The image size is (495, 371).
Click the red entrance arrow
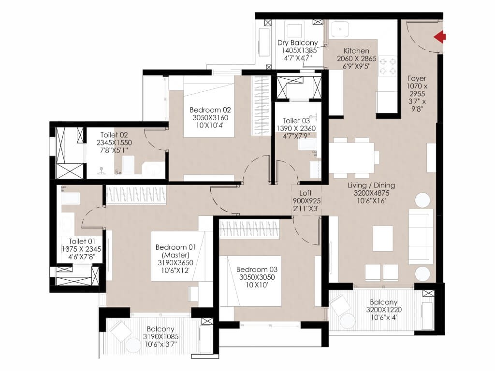(439, 37)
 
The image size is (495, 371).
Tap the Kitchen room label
(356, 51)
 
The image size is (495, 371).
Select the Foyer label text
(417, 78)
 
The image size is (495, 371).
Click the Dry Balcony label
(297, 43)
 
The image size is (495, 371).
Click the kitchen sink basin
(340, 29)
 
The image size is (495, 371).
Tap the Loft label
(306, 193)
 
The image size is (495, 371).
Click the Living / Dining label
(371, 185)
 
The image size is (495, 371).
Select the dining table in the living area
(352, 157)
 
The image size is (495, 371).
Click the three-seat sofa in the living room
(421, 236)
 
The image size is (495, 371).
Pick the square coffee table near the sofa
(383, 239)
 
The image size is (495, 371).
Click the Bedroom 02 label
(210, 110)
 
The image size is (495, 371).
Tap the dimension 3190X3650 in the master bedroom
(175, 262)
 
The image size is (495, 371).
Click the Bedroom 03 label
(257, 270)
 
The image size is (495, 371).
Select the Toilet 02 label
(114, 135)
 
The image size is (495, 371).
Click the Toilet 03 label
(296, 121)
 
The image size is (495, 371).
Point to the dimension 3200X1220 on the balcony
(384, 310)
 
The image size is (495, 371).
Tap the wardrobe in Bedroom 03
(249, 228)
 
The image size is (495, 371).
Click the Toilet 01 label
(82, 242)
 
